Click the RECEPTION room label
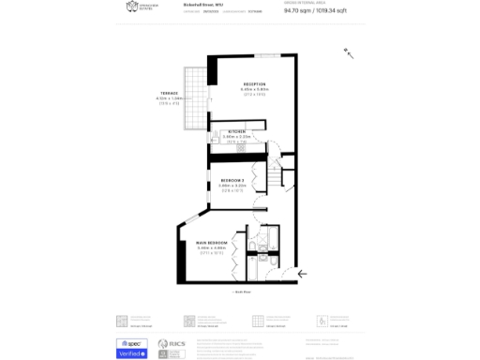pyautogui.click(x=254, y=84)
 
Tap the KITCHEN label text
pyautogui.click(x=237, y=130)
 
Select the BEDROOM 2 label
pyautogui.click(x=232, y=179)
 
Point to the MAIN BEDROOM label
pyautogui.click(x=212, y=243)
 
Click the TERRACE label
pyautogui.click(x=169, y=93)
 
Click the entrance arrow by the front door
pyautogui.click(x=302, y=273)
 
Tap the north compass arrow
pyautogui.click(x=349, y=53)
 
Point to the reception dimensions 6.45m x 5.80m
pyautogui.click(x=254, y=90)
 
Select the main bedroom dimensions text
pyautogui.click(x=212, y=248)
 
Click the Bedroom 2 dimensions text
pyautogui.click(x=232, y=185)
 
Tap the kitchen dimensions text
pyautogui.click(x=237, y=136)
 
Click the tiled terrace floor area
pyautogui.click(x=196, y=103)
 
